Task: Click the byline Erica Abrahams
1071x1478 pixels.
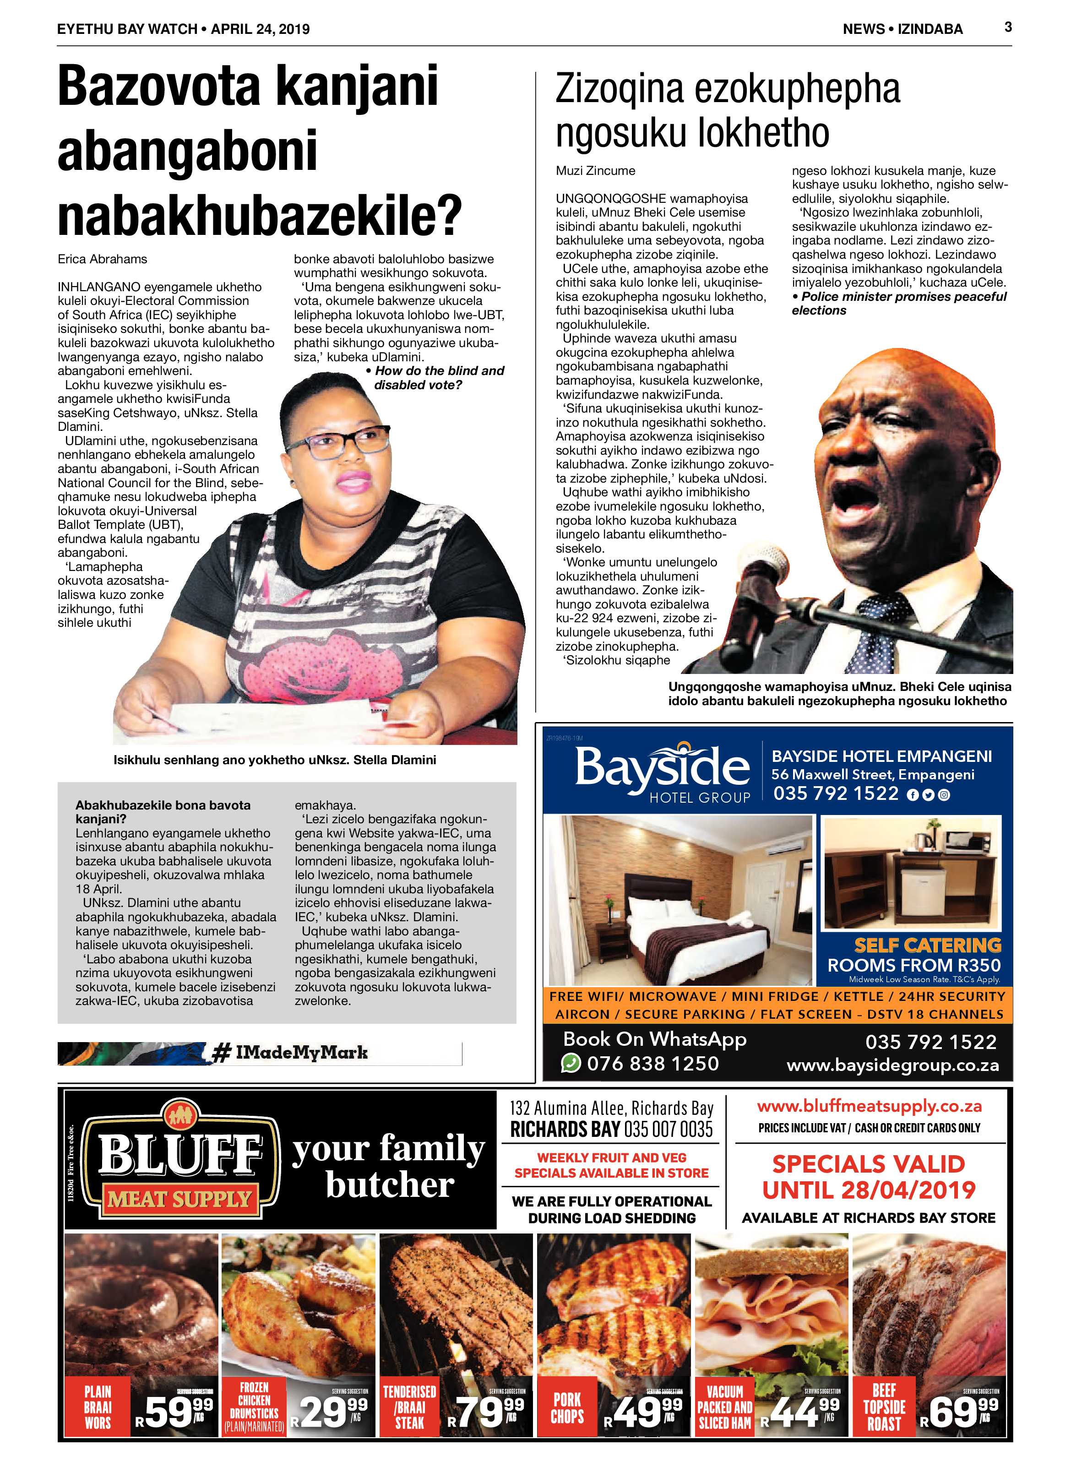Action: [103, 259]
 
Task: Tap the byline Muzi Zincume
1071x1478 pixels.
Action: [595, 171]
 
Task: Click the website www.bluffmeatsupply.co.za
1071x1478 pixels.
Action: [869, 1106]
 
